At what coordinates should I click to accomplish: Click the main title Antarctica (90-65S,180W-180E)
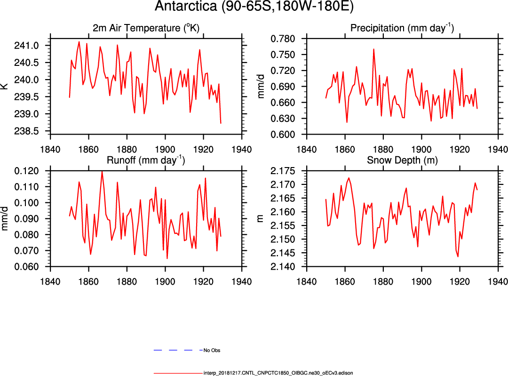(x=254, y=8)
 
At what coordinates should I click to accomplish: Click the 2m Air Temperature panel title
(x=146, y=28)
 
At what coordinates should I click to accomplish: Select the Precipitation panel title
(x=402, y=28)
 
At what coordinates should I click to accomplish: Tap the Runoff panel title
(x=146, y=160)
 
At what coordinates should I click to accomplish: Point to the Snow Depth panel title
(x=402, y=160)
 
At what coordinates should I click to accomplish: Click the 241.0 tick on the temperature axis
(x=36, y=46)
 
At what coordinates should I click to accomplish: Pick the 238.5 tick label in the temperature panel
(x=36, y=131)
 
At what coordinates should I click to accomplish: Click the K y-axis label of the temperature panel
(x=5, y=87)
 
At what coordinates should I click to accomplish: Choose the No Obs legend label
(x=212, y=351)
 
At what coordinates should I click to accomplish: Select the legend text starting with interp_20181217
(x=278, y=373)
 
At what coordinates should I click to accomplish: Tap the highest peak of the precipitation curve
(x=373, y=49)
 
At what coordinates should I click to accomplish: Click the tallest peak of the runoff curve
(x=102, y=171)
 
